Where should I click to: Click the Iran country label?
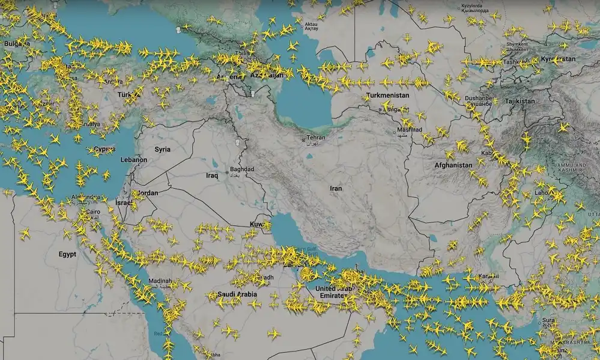click(x=336, y=188)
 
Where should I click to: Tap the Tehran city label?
click(x=316, y=138)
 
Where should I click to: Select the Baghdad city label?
click(x=242, y=169)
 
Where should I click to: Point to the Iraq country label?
click(x=211, y=175)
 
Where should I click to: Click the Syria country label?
click(x=162, y=149)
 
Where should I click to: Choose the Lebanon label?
click(x=133, y=160)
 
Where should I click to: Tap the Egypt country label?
click(x=67, y=254)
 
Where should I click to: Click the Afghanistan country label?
click(x=453, y=165)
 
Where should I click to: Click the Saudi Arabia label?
click(x=237, y=294)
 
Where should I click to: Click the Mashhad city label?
click(x=411, y=130)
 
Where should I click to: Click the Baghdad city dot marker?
click(x=226, y=172)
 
